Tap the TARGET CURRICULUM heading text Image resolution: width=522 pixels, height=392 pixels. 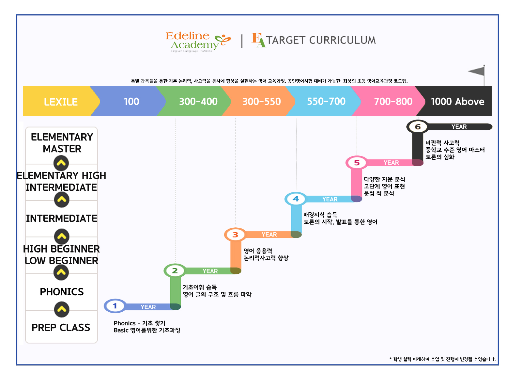[321, 40]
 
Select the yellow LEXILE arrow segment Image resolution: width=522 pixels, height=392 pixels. [61, 102]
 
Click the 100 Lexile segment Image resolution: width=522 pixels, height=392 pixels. [131, 102]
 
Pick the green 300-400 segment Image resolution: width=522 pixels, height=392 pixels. [198, 102]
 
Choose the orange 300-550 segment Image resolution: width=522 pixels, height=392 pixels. [261, 102]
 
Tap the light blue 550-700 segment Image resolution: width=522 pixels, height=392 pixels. [326, 102]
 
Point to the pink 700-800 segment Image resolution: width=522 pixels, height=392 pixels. [393, 102]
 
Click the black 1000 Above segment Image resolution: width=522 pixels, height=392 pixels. [457, 102]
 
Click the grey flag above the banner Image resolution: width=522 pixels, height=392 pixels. [477, 71]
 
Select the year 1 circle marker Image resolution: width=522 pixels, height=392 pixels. [115, 306]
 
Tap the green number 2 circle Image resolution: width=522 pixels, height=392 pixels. [175, 270]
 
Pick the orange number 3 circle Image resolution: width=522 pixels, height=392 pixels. [235, 235]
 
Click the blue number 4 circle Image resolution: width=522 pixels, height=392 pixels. [296, 199]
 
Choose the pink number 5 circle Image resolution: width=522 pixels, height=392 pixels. [357, 163]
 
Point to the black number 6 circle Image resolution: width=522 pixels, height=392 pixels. [418, 127]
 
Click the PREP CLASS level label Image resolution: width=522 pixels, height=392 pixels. [61, 327]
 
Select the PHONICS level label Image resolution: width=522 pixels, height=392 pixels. [62, 292]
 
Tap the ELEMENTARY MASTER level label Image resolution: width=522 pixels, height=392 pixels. [62, 143]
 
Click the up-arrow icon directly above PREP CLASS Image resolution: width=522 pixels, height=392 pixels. [62, 310]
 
